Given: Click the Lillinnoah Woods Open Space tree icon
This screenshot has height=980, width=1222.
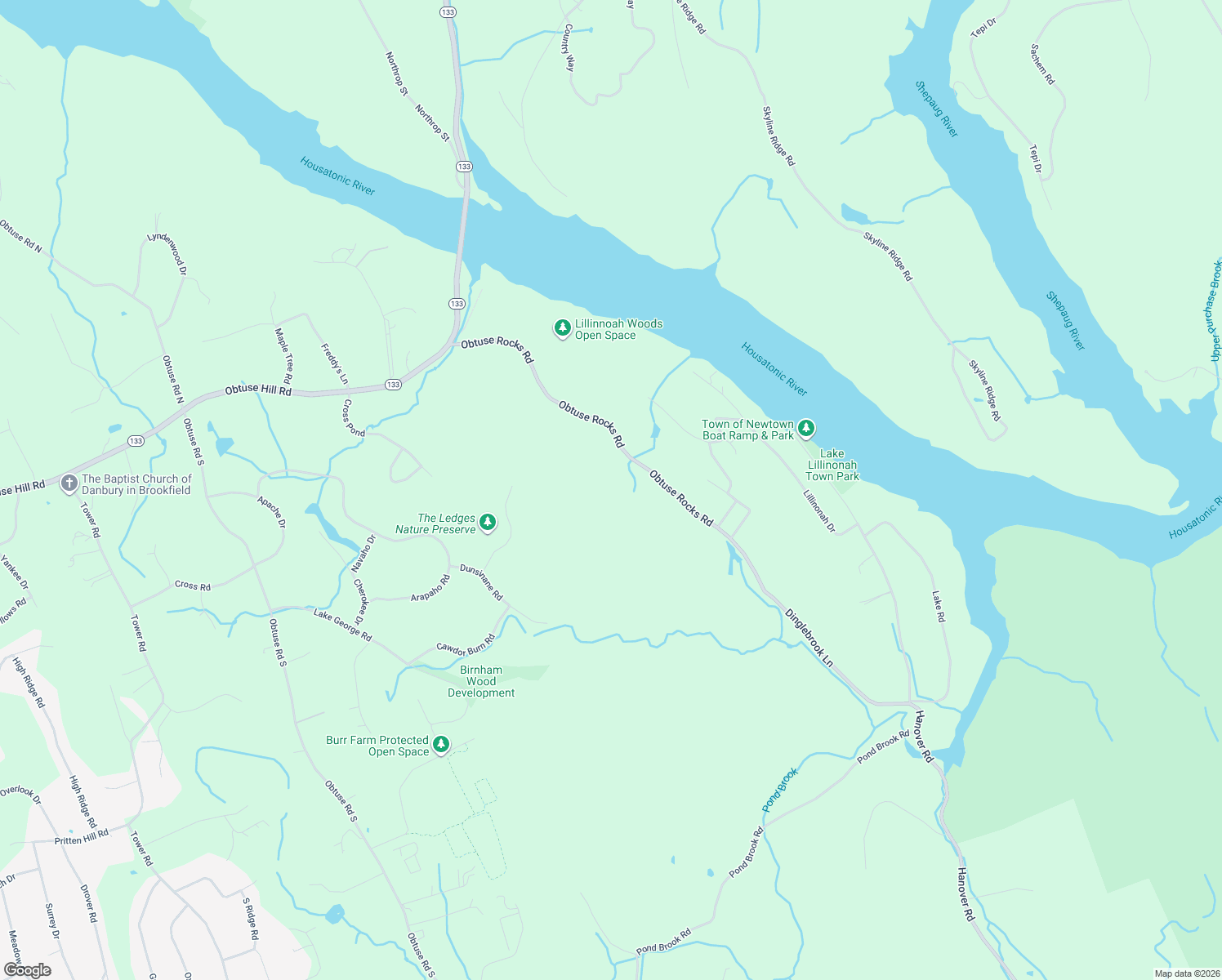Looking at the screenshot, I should (562, 328).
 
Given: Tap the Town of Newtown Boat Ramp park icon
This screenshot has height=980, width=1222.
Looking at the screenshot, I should (806, 428).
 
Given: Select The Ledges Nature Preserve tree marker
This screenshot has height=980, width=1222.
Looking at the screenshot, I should (488, 522).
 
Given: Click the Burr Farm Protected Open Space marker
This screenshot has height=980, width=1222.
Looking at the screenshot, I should (441, 744).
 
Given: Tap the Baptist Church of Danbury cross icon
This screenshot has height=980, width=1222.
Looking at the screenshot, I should (69, 483).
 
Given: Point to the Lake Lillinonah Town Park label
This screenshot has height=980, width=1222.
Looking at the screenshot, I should (832, 465).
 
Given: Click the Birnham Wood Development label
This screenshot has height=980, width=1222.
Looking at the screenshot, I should (481, 681).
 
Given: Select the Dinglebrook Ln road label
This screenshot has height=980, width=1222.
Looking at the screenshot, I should (809, 637).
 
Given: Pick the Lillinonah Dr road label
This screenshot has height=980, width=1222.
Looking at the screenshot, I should (819, 511).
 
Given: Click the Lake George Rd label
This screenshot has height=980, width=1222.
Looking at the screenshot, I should (342, 625).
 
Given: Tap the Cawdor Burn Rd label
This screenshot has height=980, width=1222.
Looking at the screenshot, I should (466, 645).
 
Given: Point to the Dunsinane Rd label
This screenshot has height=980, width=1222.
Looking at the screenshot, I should (481, 581).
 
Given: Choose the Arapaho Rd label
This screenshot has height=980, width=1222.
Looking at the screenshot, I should (430, 589).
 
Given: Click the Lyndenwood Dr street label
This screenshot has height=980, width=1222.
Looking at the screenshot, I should (167, 253).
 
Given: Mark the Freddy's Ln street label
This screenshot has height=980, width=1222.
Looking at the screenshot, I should (334, 363).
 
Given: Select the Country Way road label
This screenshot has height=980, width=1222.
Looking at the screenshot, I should (569, 47).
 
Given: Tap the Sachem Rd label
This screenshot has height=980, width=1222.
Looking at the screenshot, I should (1042, 65).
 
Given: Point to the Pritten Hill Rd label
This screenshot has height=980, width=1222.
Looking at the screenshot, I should (81, 837).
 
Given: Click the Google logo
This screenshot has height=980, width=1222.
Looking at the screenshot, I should (28, 969).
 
